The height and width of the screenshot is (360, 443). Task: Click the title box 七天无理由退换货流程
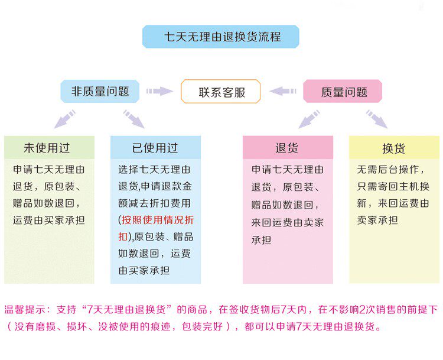click(x=221, y=37)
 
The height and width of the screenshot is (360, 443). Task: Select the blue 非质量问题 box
click(x=100, y=92)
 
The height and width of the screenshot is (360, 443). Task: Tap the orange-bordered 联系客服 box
click(x=221, y=92)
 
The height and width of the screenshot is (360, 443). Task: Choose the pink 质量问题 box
click(x=343, y=92)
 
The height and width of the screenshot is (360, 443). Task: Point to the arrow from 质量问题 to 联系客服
click(x=283, y=92)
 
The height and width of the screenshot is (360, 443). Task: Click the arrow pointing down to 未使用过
click(x=65, y=119)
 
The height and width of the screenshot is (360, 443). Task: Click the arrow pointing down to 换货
click(x=376, y=119)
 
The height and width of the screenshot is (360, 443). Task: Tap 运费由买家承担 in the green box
click(x=49, y=220)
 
